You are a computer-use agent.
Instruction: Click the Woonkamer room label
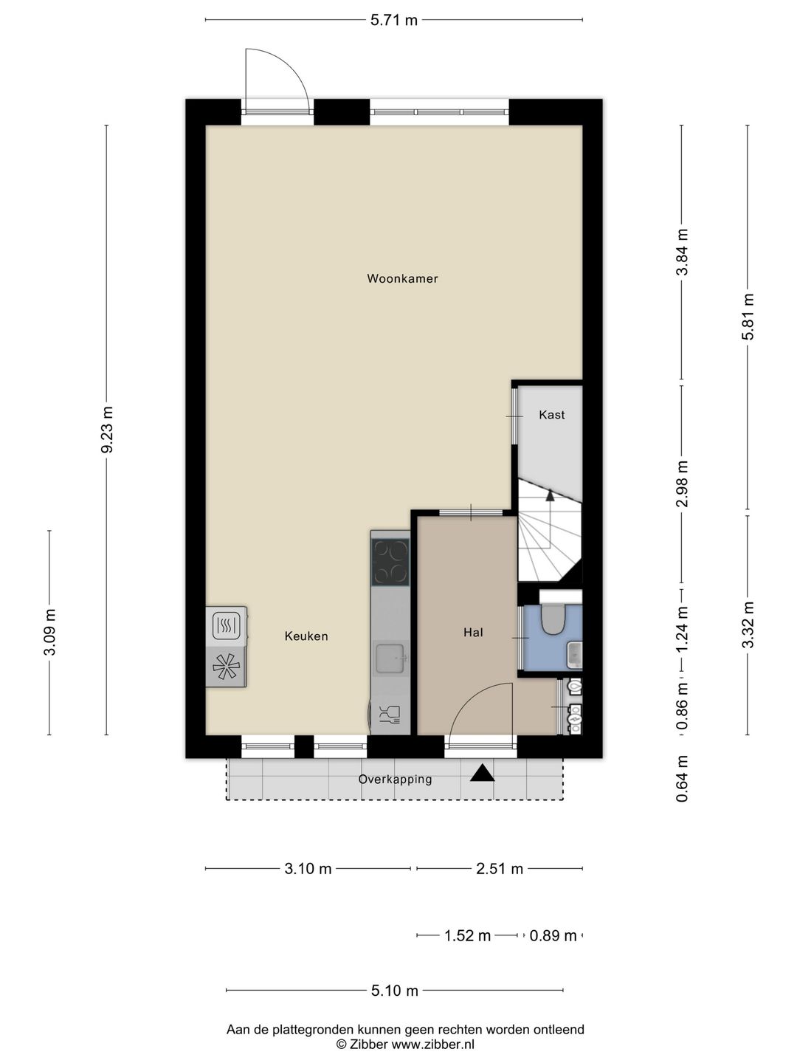402,278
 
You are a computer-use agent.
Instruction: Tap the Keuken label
306,636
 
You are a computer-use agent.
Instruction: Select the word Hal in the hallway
473,632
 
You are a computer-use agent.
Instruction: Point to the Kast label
552,415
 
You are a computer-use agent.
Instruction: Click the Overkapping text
395,780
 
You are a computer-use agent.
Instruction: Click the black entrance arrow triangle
483,774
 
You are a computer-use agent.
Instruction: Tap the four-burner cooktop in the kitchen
390,562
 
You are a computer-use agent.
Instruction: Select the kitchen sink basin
390,658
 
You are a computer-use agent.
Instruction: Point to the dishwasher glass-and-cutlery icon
390,715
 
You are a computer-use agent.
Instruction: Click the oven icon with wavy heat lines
227,625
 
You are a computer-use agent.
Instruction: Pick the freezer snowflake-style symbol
226,666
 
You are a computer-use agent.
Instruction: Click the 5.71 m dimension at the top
394,21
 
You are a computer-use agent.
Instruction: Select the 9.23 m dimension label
107,430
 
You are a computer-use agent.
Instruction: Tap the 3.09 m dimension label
50,632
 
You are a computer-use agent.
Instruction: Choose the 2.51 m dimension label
500,869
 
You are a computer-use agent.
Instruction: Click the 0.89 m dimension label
553,935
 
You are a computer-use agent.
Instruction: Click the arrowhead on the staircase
550,495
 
